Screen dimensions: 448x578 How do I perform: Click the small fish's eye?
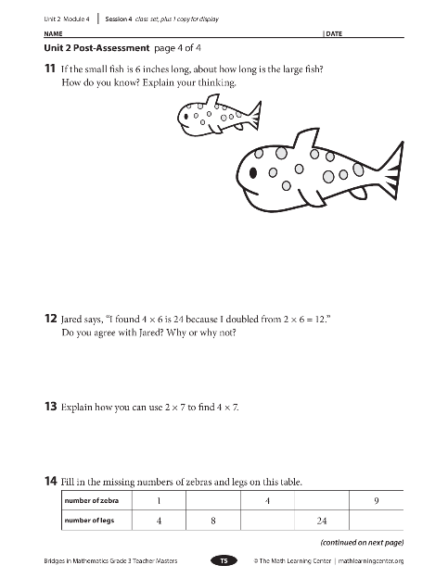[186, 117]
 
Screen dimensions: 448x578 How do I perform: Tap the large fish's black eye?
[253, 172]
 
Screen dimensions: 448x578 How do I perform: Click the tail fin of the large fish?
[392, 171]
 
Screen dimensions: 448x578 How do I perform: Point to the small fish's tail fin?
[255, 116]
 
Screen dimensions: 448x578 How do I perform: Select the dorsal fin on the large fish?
[306, 138]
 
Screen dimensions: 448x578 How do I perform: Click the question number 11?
[50, 69]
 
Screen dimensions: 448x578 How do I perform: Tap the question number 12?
[51, 319]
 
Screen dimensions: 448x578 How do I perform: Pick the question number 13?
[51, 407]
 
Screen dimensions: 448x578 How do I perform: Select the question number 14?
[51, 481]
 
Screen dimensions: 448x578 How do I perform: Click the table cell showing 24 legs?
[322, 521]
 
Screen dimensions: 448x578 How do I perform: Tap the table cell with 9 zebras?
[377, 500]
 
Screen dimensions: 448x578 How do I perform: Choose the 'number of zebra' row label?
[92, 500]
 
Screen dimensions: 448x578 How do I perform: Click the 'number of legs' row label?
[89, 521]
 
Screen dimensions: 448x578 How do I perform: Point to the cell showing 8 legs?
[213, 521]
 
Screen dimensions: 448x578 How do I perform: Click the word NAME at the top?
[53, 33]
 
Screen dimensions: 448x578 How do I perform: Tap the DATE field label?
[334, 33]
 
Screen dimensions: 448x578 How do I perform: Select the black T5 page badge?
[224, 560]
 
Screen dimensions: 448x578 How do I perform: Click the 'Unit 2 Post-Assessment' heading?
[96, 48]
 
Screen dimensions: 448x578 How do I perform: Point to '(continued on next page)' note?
[362, 542]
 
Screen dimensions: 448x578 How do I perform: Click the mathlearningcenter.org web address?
[371, 561]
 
